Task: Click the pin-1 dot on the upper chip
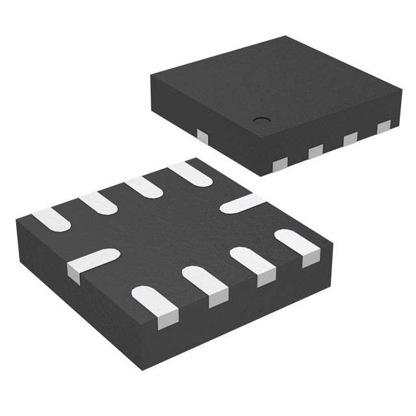[261, 120]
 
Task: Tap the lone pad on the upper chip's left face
[203, 136]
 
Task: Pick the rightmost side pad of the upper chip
[384, 127]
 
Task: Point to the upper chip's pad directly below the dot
[315, 151]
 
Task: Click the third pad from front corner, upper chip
[350, 138]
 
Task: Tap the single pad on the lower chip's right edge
[242, 203]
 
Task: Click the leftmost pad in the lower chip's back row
[51, 220]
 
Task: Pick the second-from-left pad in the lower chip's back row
[98, 202]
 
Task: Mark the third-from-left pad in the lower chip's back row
[144, 187]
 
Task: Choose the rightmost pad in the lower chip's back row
[189, 173]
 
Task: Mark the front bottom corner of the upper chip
[261, 175]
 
